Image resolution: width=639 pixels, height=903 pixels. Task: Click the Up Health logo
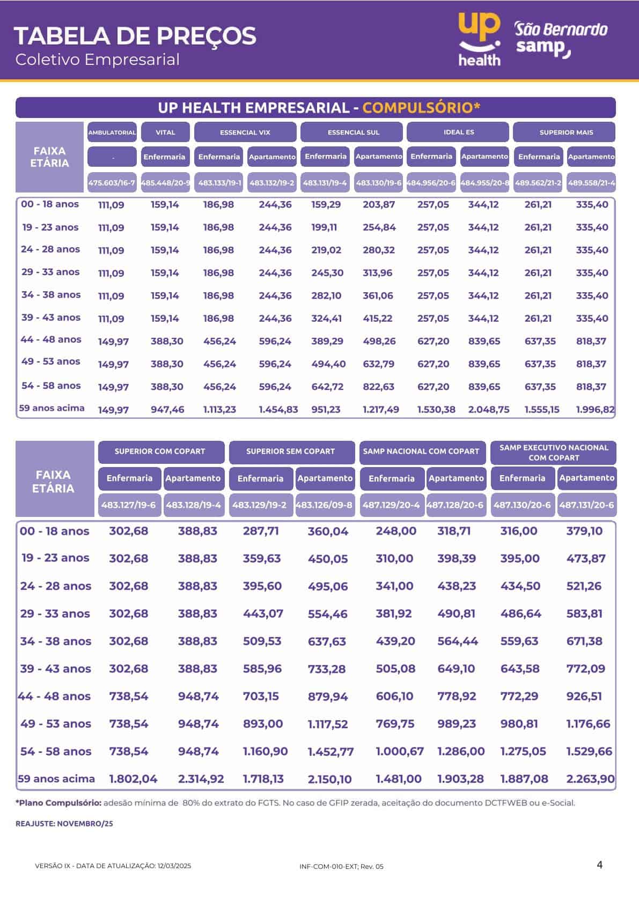479,39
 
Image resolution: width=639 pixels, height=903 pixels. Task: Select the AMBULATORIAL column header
112,132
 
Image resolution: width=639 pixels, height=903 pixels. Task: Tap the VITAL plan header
165,132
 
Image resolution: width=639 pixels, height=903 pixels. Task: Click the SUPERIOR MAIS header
564,132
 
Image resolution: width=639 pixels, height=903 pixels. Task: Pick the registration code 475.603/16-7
112,183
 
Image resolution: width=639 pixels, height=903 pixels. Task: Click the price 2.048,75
489,410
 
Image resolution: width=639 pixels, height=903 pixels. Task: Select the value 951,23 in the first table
326,410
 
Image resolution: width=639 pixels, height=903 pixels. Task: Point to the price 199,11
324,227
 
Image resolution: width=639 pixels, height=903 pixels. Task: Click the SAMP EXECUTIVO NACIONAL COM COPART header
554,453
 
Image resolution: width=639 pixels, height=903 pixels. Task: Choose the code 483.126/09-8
325,505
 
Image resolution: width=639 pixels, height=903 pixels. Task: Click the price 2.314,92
201,779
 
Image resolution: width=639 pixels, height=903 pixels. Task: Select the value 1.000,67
400,751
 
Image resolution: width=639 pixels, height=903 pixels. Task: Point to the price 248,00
396,530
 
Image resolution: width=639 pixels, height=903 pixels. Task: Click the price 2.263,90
591,779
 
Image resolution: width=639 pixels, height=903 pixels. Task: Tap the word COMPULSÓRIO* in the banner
421,108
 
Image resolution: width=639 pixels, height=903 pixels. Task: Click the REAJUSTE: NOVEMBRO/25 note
64,824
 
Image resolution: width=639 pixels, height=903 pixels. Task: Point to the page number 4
599,865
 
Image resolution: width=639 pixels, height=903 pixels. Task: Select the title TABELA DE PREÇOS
135,36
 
